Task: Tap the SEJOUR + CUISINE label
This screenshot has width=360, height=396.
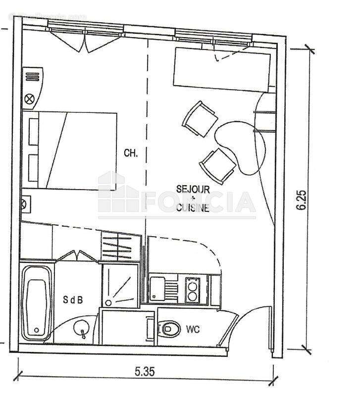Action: click(193, 198)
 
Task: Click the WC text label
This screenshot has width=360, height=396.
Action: click(193, 329)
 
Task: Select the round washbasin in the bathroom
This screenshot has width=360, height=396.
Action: click(80, 327)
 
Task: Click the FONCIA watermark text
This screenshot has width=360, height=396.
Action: click(198, 202)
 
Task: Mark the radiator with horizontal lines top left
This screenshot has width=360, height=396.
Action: click(33, 77)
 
